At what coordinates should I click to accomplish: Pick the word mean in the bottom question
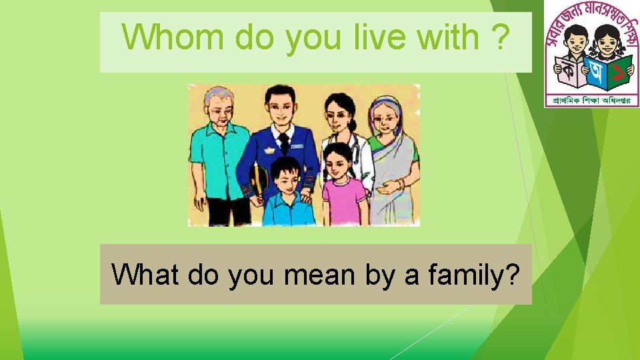(x=317, y=274)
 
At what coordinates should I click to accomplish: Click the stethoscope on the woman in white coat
(x=355, y=151)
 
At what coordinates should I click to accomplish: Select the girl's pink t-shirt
(x=343, y=199)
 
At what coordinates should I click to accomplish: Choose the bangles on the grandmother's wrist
(x=400, y=184)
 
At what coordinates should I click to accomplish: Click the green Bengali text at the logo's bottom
(x=592, y=101)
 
